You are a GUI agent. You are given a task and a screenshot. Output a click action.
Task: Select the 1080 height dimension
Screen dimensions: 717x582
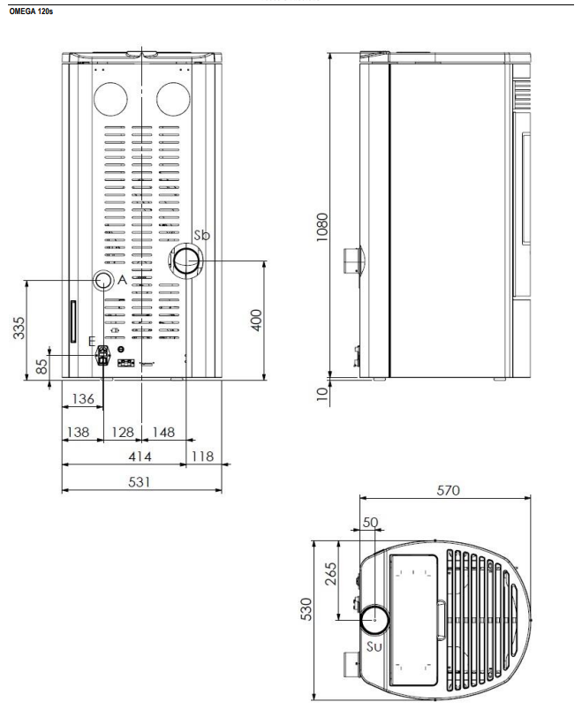[x=322, y=227]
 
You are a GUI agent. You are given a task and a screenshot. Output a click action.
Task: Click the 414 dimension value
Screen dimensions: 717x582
[x=140, y=457]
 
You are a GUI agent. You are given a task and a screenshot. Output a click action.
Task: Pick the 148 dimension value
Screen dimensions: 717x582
[x=163, y=432]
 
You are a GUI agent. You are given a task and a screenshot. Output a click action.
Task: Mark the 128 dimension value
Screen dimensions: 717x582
[x=123, y=432]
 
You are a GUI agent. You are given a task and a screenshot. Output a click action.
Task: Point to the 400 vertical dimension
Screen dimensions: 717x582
[x=256, y=320]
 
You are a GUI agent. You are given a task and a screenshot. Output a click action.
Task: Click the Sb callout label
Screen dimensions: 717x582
[x=202, y=235]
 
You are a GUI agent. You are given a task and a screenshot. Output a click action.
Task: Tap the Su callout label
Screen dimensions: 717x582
[x=374, y=646]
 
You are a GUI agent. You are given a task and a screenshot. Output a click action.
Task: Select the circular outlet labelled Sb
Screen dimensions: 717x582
[x=186, y=261]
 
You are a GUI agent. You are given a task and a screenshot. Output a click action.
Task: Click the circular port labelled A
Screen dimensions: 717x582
[x=103, y=281]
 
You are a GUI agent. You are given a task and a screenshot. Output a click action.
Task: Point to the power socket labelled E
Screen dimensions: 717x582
[x=102, y=355]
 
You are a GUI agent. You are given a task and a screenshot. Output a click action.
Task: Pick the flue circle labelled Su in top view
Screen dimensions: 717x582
[x=374, y=620]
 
